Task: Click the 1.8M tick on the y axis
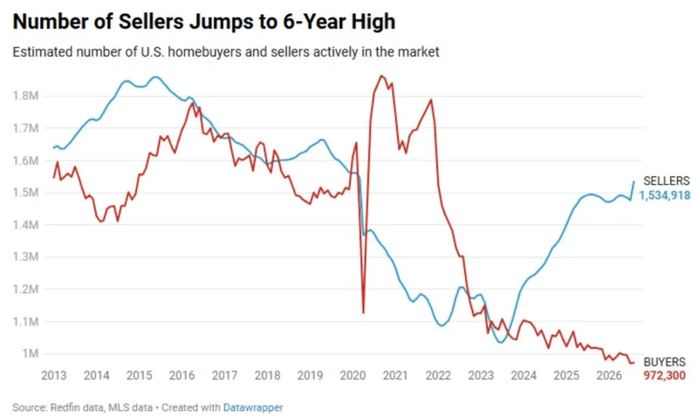tap(26, 96)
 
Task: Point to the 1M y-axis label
tap(31, 353)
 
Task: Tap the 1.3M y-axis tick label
tap(26, 256)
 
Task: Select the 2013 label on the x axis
tap(54, 376)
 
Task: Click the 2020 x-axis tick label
tap(352, 376)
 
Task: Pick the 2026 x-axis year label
tap(609, 376)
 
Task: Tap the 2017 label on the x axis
tap(224, 376)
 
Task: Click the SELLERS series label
tap(667, 181)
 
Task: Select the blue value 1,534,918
tap(665, 195)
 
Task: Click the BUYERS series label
tap(665, 362)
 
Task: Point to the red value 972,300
tap(665, 376)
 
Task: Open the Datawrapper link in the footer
tap(253, 407)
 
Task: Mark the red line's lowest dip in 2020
tap(363, 313)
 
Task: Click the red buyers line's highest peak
tap(381, 76)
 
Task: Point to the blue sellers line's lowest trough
tap(501, 342)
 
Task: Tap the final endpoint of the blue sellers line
tap(634, 181)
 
